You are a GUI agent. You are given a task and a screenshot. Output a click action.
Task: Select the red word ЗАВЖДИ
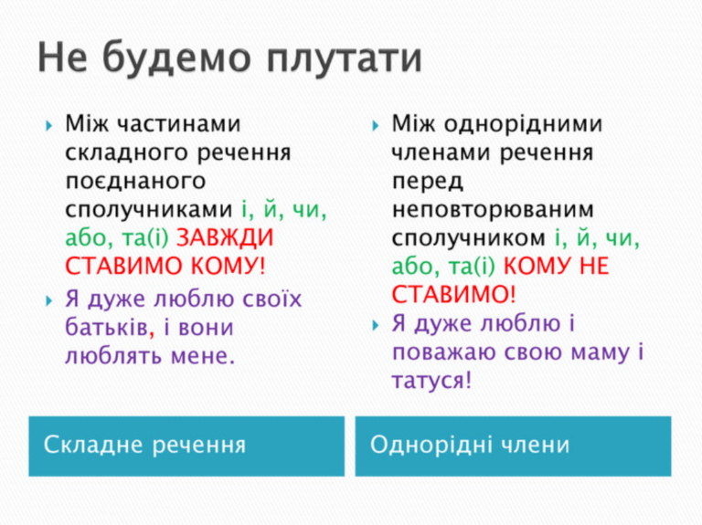click(x=224, y=238)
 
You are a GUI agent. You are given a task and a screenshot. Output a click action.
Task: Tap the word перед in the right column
click(x=427, y=180)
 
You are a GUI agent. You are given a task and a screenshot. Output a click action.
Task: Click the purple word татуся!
click(x=431, y=381)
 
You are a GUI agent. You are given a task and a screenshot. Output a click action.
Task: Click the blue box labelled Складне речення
click(x=186, y=446)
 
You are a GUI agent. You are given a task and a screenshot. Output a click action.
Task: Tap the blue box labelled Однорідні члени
click(x=513, y=446)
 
